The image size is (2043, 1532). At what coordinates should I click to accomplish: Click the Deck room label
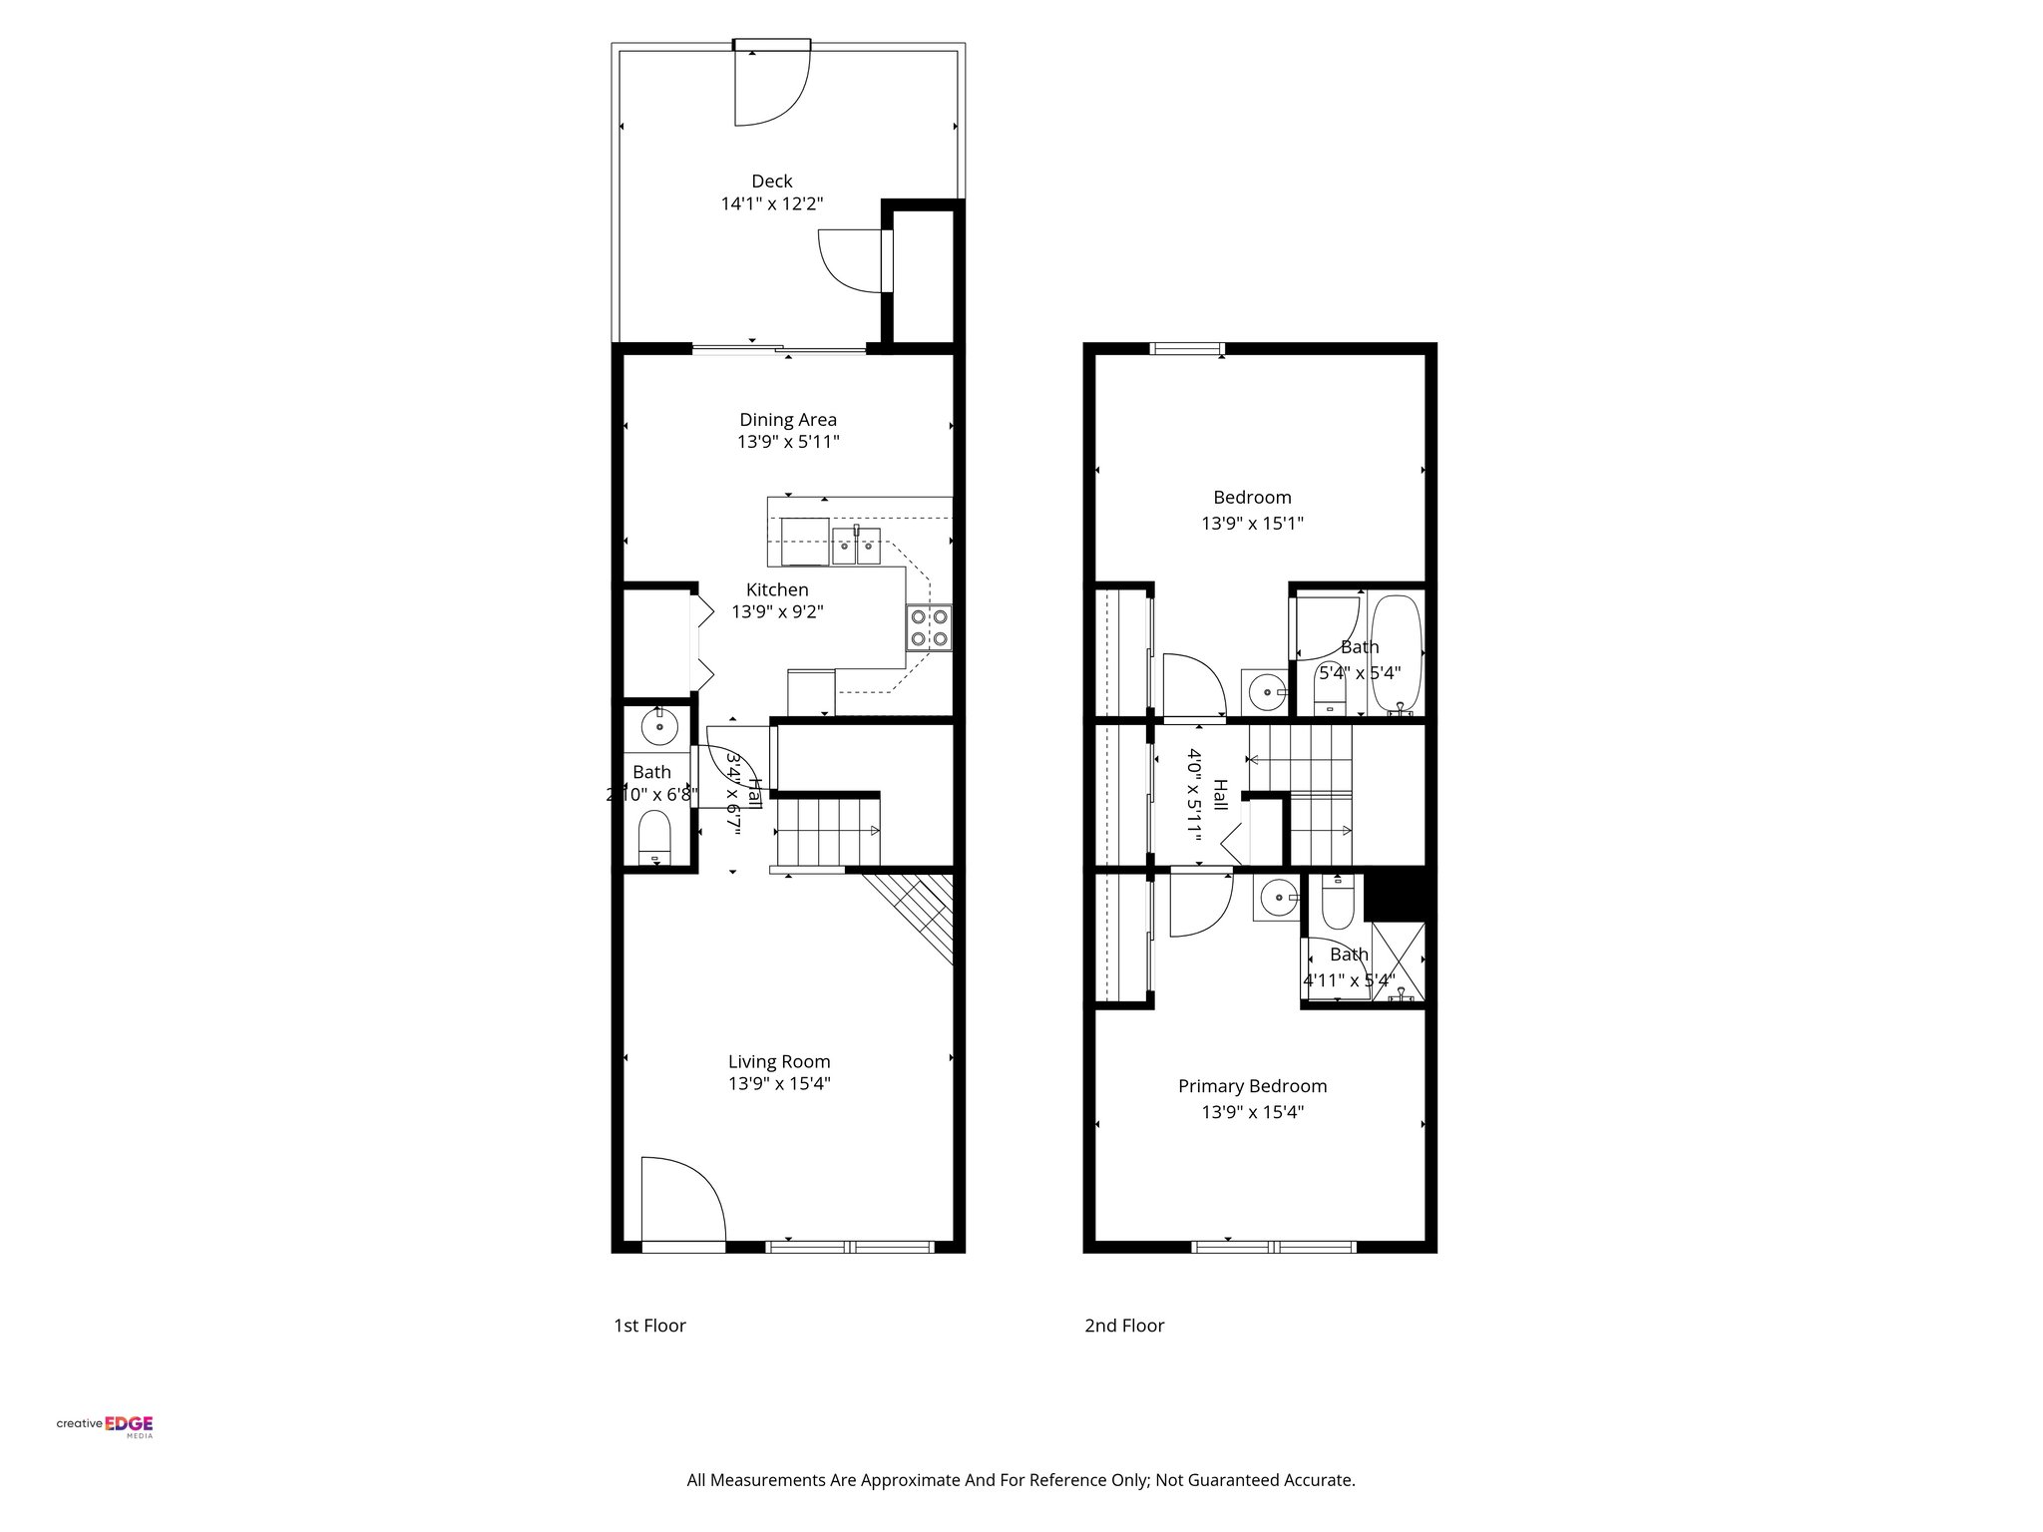[771, 181]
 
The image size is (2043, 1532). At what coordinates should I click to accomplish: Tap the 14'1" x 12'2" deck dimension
[771, 204]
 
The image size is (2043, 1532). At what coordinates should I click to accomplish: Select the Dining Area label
[787, 420]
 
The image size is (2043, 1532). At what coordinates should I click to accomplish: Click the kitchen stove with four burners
[929, 628]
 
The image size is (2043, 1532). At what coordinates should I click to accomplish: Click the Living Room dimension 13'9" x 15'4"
[778, 1084]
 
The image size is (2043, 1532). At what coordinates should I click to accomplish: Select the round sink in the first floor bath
[659, 726]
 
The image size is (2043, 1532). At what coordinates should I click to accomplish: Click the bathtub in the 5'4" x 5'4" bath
[1395, 653]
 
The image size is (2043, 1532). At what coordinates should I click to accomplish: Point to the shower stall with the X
[1399, 961]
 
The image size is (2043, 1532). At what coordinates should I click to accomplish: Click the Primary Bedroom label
[1252, 1086]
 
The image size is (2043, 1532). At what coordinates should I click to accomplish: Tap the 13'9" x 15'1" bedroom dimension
[1252, 524]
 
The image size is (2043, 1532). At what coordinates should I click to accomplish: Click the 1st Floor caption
[649, 1326]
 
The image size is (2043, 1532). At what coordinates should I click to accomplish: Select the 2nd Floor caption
[1124, 1326]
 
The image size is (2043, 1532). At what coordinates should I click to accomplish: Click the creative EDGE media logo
[105, 1425]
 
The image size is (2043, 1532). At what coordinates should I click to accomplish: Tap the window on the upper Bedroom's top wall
[1187, 349]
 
